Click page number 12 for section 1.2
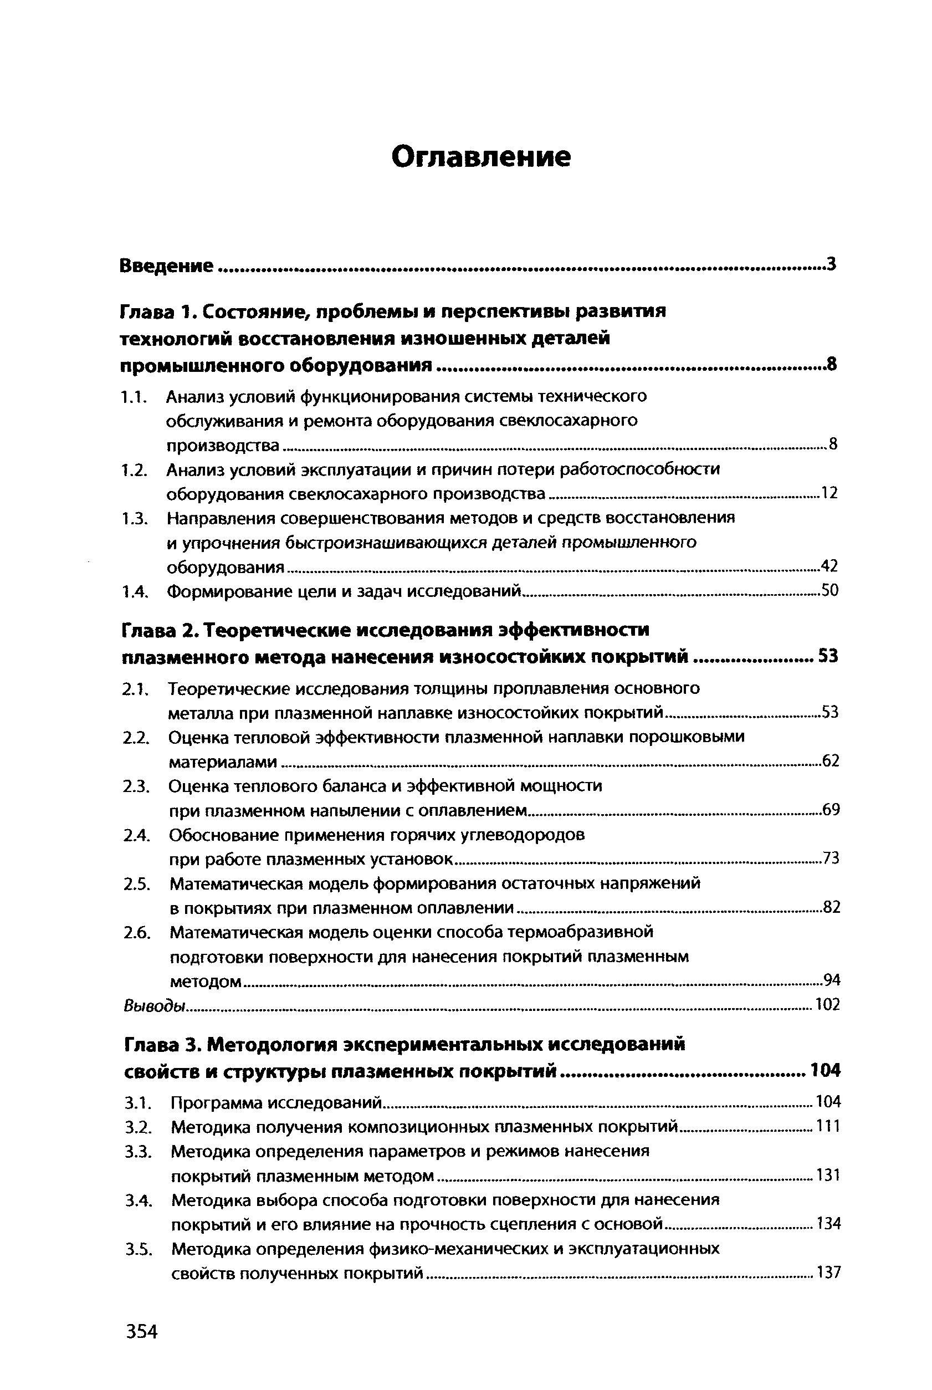click(829, 493)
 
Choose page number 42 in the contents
click(829, 566)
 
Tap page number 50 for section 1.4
click(829, 590)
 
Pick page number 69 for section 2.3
click(831, 810)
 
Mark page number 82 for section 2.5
click(831, 907)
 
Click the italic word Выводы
click(155, 1005)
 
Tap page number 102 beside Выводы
click(828, 1005)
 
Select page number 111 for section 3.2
click(829, 1127)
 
